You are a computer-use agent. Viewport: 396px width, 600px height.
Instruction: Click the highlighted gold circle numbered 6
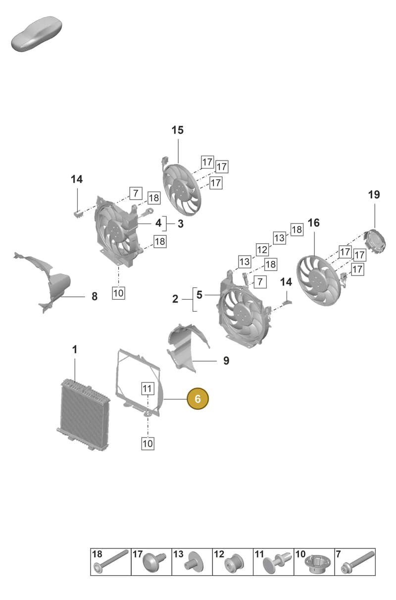pyautogui.click(x=198, y=398)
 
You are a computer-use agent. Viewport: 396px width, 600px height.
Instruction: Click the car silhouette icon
pyautogui.click(x=37, y=34)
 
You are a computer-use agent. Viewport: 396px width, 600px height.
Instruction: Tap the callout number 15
pyautogui.click(x=178, y=130)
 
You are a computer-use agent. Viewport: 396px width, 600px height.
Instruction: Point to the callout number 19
pyautogui.click(x=374, y=195)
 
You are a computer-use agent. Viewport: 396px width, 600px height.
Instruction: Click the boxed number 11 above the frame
pyautogui.click(x=148, y=388)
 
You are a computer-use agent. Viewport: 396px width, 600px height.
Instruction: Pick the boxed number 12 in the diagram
pyautogui.click(x=262, y=250)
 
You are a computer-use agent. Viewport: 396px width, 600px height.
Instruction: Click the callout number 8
pyautogui.click(x=95, y=296)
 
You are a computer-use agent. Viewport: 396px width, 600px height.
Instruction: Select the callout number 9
pyautogui.click(x=226, y=361)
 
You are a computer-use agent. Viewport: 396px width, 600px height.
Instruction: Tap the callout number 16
pyautogui.click(x=314, y=223)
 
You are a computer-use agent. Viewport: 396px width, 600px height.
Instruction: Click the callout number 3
pyautogui.click(x=181, y=223)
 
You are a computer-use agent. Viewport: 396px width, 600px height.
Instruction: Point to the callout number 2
pyautogui.click(x=175, y=299)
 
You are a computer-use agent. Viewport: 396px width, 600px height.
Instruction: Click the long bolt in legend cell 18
pyautogui.click(x=111, y=561)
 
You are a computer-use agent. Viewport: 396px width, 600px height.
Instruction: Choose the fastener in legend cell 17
pyautogui.click(x=154, y=562)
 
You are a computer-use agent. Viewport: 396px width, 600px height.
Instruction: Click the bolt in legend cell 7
pyautogui.click(x=358, y=562)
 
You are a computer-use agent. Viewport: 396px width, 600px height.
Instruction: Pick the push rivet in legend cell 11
pyautogui.click(x=276, y=562)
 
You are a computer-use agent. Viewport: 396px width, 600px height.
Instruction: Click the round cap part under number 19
pyautogui.click(x=375, y=242)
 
